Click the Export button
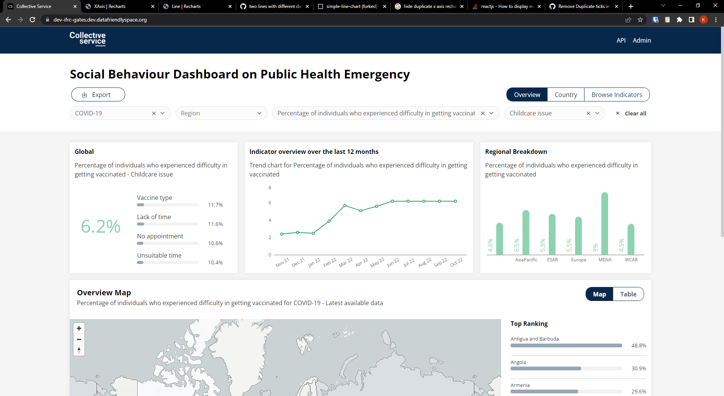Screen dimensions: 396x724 pos(98,95)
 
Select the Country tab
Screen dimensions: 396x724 pos(566,95)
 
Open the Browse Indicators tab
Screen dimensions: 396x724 pos(617,95)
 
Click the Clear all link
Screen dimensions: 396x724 pos(635,114)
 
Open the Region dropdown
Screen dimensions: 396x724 pos(221,113)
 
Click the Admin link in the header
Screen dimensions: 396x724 pos(642,40)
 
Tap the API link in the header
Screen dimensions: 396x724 pos(621,40)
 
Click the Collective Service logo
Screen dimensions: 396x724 pos(87,38)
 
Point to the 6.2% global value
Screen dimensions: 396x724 pos(101,226)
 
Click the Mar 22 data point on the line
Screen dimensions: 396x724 pos(345,206)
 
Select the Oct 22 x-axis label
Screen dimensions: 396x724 pos(456,262)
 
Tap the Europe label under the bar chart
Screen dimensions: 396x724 pos(578,260)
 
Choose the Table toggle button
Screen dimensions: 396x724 pos(628,294)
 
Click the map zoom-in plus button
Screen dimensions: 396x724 pos(79,328)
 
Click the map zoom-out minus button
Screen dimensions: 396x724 pos(79,339)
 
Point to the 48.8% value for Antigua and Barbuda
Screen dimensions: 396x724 pos(639,345)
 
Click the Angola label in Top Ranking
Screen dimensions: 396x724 pos(518,362)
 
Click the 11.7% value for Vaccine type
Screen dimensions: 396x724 pos(215,205)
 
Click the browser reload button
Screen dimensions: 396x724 pos(32,20)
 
